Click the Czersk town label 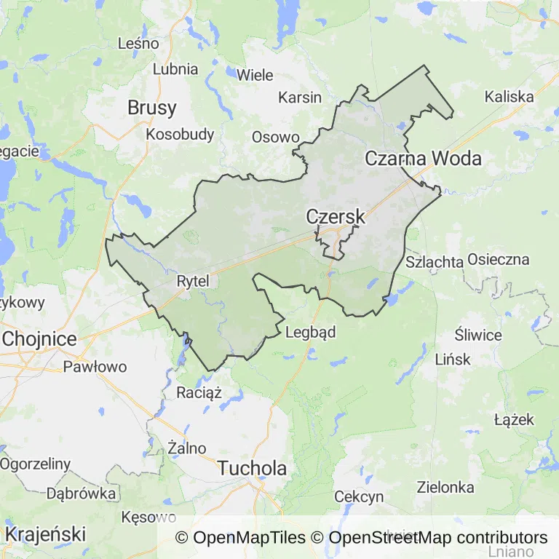click(336, 217)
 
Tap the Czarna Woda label click(423, 158)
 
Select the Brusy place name click(151, 108)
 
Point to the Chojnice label click(40, 338)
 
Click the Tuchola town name click(253, 468)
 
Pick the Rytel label click(193, 280)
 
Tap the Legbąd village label click(311, 333)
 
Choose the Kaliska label click(509, 96)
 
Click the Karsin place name click(300, 97)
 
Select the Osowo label click(275, 137)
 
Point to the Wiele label click(255, 74)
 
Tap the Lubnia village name click(175, 69)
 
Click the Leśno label click(138, 43)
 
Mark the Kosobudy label click(180, 134)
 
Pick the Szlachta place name click(435, 262)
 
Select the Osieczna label click(499, 259)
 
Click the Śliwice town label click(478, 336)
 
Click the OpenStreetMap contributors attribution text click(438, 538)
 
